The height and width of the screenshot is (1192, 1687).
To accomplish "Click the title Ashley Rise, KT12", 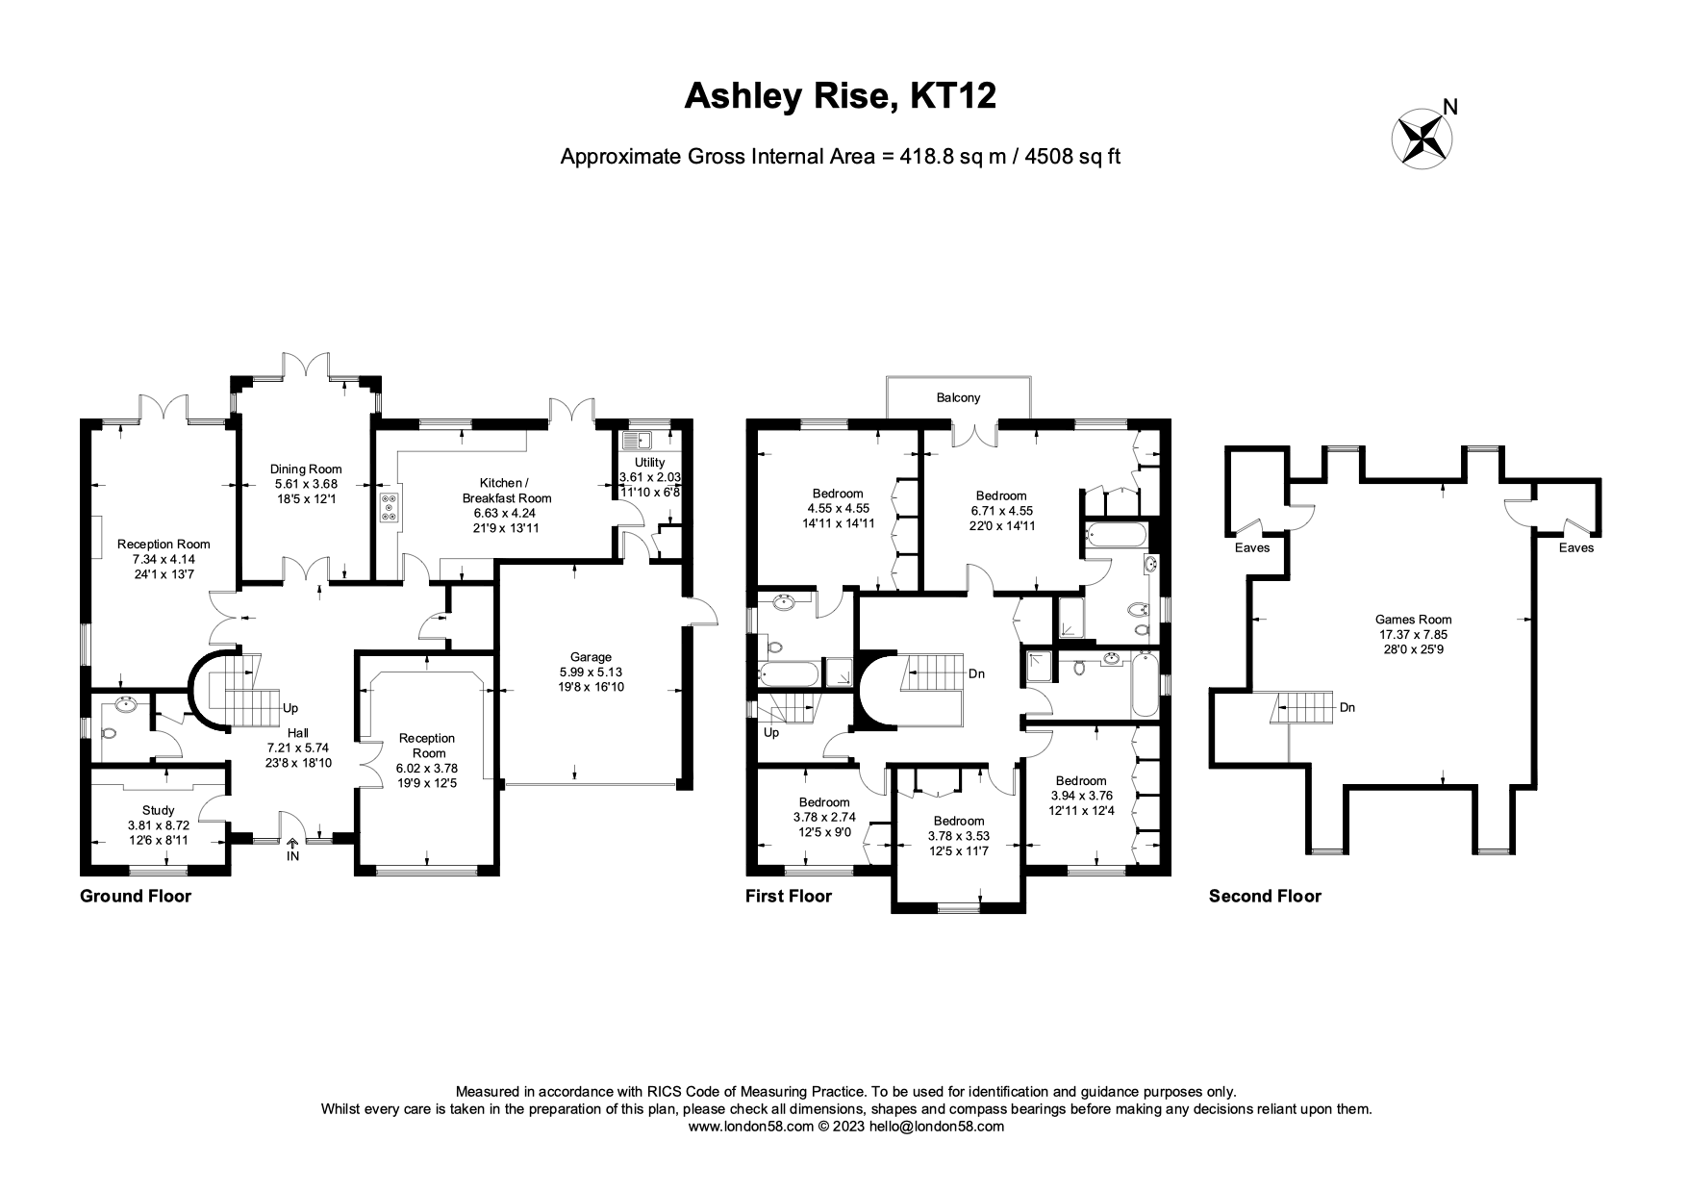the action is (840, 96).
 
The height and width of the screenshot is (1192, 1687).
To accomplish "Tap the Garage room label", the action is (591, 657).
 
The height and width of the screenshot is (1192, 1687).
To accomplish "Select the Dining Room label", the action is (306, 469).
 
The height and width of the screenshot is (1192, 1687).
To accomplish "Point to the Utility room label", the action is (649, 463).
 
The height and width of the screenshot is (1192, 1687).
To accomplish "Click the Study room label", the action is (159, 810).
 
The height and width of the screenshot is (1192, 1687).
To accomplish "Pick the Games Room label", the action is (1413, 620).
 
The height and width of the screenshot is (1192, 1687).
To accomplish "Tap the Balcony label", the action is (958, 397).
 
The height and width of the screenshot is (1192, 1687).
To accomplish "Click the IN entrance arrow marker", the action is (292, 848).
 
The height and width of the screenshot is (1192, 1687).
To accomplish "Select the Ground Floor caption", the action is (136, 897).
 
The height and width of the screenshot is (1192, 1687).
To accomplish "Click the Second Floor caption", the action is (1265, 897).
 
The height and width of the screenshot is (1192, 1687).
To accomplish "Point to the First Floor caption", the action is (789, 897).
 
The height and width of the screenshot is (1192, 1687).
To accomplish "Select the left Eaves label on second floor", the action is (1251, 548).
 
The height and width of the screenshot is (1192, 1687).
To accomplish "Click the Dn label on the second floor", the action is (1347, 707).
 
